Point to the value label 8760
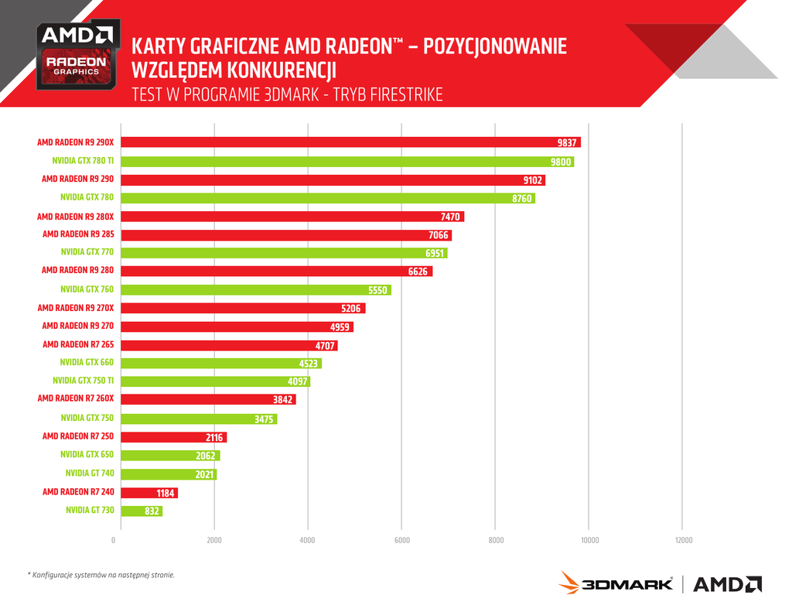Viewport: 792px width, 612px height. tap(523, 199)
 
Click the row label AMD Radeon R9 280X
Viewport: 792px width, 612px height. tap(76, 217)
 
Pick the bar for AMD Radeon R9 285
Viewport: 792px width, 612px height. tap(286, 235)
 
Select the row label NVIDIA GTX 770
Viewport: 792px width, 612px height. tap(87, 252)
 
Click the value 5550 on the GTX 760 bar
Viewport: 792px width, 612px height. tap(377, 290)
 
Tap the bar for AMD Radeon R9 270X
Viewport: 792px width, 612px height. tap(244, 309)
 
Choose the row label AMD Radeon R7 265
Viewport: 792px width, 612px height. tap(78, 345)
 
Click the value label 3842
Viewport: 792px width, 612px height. tap(283, 399)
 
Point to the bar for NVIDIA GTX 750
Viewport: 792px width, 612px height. tap(200, 419)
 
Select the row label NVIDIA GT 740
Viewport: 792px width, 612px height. tap(90, 474)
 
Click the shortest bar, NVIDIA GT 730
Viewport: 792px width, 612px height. tap(142, 511)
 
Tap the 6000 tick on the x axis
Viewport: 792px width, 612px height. tap(402, 540)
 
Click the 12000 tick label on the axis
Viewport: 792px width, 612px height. tap(684, 540)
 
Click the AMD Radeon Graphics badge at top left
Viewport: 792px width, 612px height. tap(78, 54)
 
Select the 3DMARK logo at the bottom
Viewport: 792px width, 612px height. tap(616, 583)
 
